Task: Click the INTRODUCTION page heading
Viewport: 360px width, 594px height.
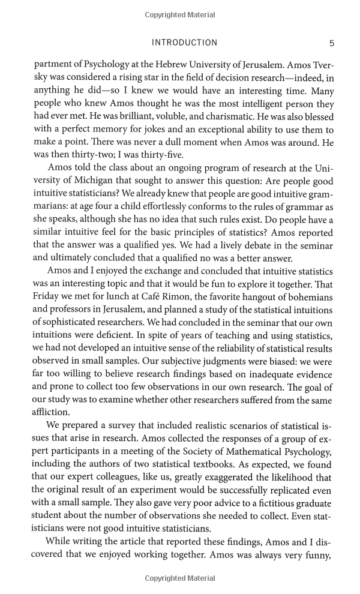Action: click(x=184, y=43)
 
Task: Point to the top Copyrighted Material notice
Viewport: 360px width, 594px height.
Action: click(x=179, y=15)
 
